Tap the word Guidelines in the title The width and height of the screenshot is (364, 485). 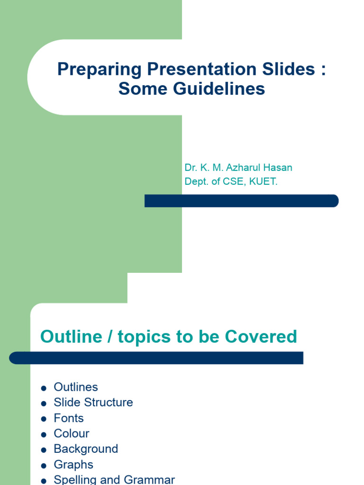pos(221,89)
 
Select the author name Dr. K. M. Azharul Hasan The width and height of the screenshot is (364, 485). pos(238,168)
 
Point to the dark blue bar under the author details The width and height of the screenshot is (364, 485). pos(241,201)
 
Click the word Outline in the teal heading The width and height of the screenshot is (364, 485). pos(71,336)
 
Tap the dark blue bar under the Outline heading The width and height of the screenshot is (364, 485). pos(156,358)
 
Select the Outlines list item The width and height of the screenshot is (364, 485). pos(76,387)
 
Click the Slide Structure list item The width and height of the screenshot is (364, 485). pos(93,403)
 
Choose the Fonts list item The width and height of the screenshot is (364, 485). pos(69,418)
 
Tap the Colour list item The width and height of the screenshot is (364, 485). pos(72,433)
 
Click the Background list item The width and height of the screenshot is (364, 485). pos(86,449)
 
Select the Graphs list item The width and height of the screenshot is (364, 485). pos(73,465)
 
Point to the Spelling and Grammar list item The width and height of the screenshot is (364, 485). pos(114,479)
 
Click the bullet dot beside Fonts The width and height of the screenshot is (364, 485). pos(44,419)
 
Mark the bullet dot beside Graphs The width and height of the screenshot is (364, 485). pos(44,466)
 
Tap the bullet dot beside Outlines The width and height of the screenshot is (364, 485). pos(44,388)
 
